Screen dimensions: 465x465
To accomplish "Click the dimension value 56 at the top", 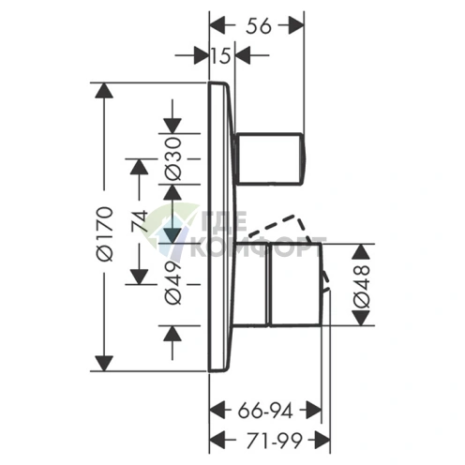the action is click(x=259, y=26).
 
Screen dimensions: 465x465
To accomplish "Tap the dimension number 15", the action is click(x=220, y=55).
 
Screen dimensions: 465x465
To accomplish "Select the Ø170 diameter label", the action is click(x=104, y=233).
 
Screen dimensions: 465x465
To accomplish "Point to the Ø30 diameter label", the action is click(x=172, y=158).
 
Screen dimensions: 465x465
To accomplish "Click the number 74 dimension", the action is click(x=140, y=221).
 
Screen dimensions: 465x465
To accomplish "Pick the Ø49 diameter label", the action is click(x=172, y=282).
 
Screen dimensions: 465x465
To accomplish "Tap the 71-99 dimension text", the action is click(x=274, y=441).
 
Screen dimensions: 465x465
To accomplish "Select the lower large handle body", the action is click(x=295, y=284).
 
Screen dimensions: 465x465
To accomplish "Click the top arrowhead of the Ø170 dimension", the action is click(x=104, y=91).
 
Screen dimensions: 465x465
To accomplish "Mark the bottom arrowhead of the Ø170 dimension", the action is click(x=104, y=364).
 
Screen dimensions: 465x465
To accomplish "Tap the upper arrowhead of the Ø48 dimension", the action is click(x=361, y=251).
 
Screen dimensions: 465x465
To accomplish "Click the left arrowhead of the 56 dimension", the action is click(x=217, y=26).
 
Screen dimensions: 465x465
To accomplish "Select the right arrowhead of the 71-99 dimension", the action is click(x=322, y=441).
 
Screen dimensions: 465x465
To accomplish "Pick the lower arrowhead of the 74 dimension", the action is click(x=139, y=277).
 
